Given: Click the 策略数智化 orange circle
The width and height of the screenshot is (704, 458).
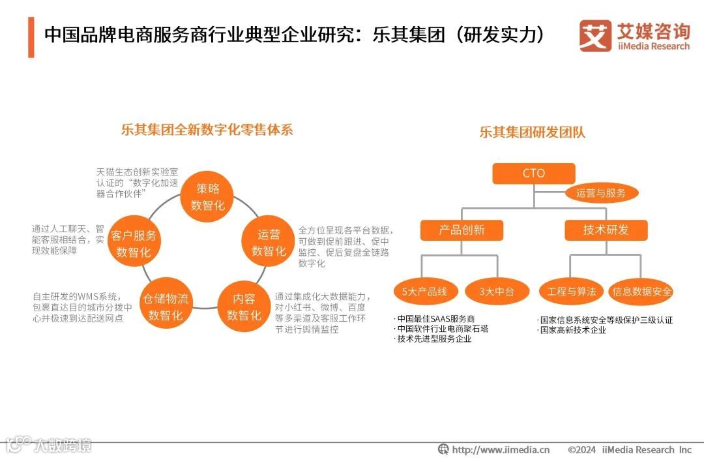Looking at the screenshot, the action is [x=208, y=197].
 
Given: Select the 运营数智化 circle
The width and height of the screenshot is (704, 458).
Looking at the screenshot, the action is [x=269, y=243].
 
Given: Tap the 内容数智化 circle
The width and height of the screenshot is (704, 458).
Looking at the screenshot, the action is [x=244, y=307].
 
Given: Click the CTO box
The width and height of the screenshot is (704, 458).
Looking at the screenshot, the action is [x=533, y=174].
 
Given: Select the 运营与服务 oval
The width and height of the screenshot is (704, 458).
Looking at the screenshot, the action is [x=600, y=193].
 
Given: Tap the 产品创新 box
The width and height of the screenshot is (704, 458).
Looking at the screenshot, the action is [x=462, y=230].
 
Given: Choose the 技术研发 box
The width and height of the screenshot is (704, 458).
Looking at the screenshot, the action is [x=606, y=230].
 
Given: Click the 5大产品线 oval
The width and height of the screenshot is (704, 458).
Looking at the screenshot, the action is [x=424, y=292].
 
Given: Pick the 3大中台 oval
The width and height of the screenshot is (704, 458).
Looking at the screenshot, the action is [x=497, y=292].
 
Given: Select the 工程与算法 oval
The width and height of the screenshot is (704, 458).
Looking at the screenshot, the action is [x=572, y=292].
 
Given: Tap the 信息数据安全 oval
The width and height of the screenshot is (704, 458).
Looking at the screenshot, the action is [x=641, y=292].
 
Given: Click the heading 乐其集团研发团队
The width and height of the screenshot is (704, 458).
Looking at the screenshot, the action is [x=533, y=132].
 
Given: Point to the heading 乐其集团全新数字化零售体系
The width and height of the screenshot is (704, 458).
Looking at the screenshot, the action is [x=207, y=129].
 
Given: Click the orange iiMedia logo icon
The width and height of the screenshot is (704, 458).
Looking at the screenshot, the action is [x=594, y=36].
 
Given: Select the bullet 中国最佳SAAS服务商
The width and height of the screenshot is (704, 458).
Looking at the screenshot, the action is [x=435, y=319].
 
